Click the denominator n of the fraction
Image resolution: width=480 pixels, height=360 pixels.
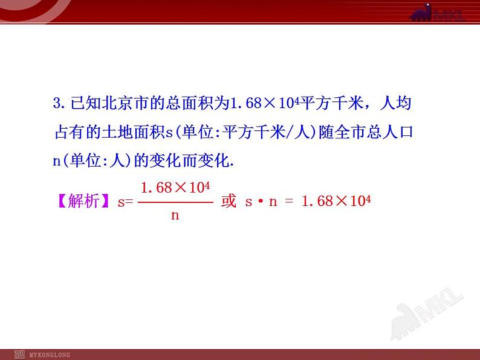point(175,215)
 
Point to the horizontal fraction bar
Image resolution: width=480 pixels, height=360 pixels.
point(175,202)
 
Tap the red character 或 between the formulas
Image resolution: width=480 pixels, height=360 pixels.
point(229,202)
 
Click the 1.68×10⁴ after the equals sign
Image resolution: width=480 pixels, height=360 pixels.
point(336,202)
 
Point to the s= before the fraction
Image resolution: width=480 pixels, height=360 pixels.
point(125,202)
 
